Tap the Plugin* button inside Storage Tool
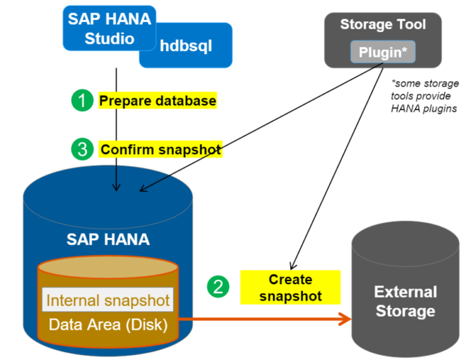[382, 52]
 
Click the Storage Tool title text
[382, 24]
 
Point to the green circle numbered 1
[83, 100]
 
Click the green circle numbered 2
[218, 286]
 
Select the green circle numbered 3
[83, 149]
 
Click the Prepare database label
[157, 101]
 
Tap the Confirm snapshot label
[161, 149]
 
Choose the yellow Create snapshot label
[290, 288]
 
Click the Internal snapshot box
[108, 300]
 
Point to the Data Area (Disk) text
[108, 325]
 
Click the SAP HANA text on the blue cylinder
[108, 239]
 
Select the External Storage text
[405, 302]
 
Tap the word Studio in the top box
[109, 38]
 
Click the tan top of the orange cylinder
[108, 269]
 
